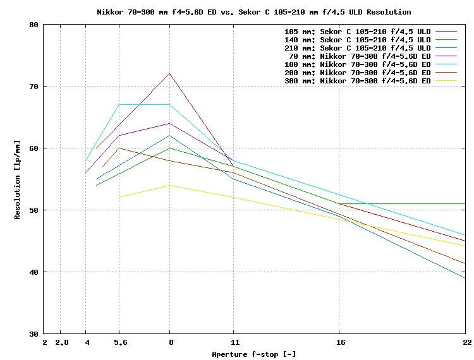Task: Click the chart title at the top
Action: (x=253, y=12)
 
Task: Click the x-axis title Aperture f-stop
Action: (x=253, y=354)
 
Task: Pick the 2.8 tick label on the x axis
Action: (x=61, y=342)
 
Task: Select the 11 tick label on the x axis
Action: (x=233, y=342)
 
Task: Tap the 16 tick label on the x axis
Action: (x=339, y=342)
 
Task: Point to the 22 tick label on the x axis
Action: (x=466, y=342)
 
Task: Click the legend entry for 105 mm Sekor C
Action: (x=358, y=31)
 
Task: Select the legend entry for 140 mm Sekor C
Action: (x=358, y=39)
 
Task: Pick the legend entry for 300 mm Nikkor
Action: (x=358, y=81)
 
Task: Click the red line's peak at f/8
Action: (x=169, y=73)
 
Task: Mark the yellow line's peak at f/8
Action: (x=169, y=185)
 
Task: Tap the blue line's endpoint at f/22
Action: (x=465, y=278)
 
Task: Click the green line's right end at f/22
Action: (x=465, y=204)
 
